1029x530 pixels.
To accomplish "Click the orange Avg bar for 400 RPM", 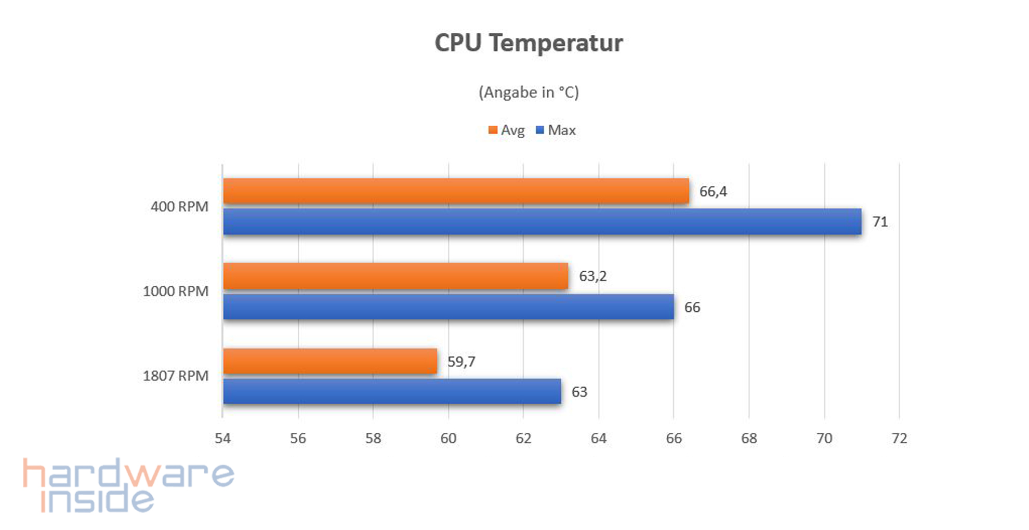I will click(456, 191).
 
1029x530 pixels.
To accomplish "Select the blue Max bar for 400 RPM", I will click(542, 221).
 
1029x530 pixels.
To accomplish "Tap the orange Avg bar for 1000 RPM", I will click(395, 276).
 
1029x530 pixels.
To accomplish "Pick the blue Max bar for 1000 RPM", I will click(448, 307).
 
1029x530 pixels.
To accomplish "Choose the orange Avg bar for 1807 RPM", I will click(330, 361).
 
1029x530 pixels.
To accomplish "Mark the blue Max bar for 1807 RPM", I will click(392, 391).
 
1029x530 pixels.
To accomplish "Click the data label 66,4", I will click(713, 192).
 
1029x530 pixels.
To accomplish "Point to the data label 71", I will click(880, 222).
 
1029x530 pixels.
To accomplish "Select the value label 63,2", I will click(592, 276).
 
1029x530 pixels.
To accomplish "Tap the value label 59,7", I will click(461, 362).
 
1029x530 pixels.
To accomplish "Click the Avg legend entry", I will click(507, 130).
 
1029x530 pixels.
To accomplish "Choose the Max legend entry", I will click(556, 130).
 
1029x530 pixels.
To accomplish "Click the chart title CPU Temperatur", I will click(529, 43).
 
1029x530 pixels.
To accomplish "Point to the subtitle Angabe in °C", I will click(529, 92).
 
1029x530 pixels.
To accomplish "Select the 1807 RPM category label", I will click(176, 376).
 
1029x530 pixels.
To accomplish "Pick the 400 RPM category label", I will click(179, 207).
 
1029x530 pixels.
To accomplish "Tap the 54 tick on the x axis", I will click(222, 439).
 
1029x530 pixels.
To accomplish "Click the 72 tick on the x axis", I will click(899, 439).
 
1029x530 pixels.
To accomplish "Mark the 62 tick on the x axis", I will click(523, 439).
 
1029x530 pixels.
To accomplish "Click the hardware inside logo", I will click(128, 485).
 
